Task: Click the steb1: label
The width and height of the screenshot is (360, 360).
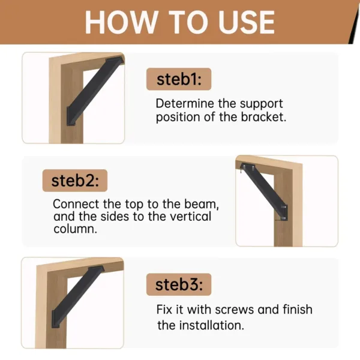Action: [x=178, y=80]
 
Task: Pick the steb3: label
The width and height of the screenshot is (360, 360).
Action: [x=178, y=284]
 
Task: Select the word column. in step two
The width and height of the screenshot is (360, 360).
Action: [x=75, y=229]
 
